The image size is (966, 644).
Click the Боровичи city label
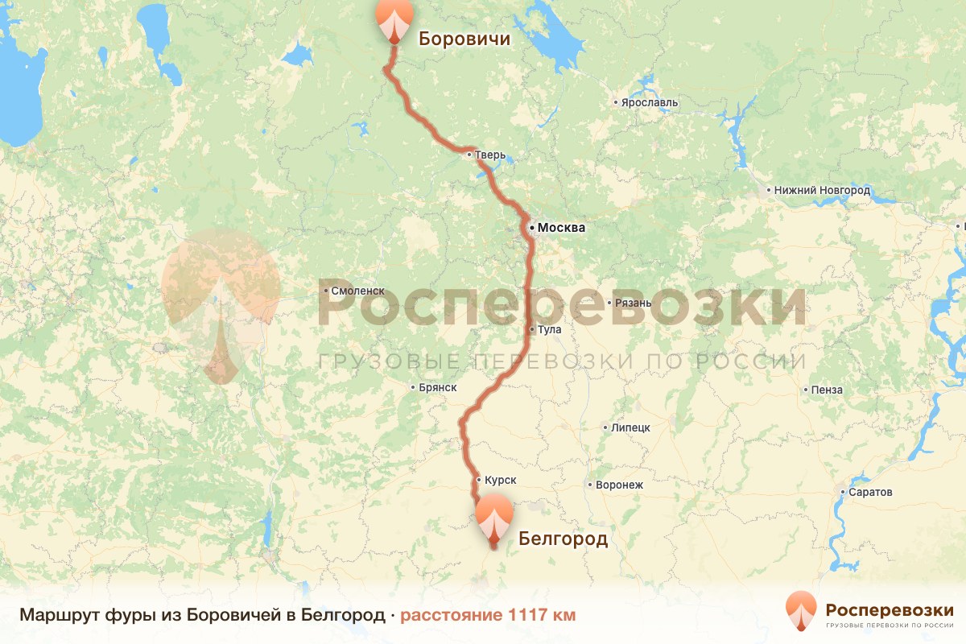[x=464, y=38]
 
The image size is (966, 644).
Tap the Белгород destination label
[x=563, y=539]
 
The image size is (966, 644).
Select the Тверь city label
[x=490, y=155]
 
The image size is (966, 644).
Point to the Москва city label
[x=561, y=228]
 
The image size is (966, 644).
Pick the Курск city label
[x=500, y=480]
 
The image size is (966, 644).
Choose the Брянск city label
[x=438, y=387]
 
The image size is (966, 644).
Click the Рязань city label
[x=632, y=303]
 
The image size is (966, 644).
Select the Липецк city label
[x=630, y=427]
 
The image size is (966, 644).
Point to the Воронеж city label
[x=620, y=485]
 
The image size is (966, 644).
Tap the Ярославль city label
[x=650, y=103]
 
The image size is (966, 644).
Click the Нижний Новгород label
[x=822, y=191]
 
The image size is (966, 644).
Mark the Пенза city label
[x=828, y=390]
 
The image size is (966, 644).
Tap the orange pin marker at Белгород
[x=494, y=517]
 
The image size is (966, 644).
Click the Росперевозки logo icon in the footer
[x=800, y=611]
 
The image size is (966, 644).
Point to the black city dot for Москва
[x=532, y=228]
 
